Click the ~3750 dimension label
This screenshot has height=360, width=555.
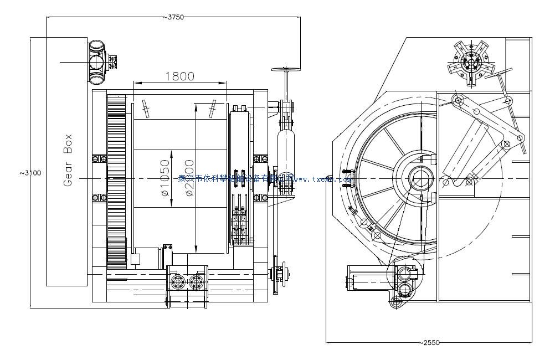pyautogui.click(x=173, y=17)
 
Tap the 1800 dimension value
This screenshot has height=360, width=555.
pyautogui.click(x=179, y=76)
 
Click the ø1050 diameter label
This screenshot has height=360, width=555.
pyautogui.click(x=164, y=178)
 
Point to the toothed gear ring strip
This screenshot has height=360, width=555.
pyautogui.click(x=116, y=180)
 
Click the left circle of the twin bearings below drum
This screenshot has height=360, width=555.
pyautogui.click(x=179, y=282)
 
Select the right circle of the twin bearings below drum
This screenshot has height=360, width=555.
pyautogui.click(x=196, y=282)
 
